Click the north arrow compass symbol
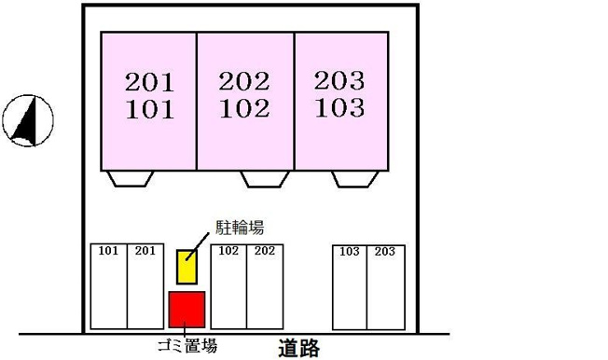pos(28,120)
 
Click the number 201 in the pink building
pos(149,82)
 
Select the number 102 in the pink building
pos(244,108)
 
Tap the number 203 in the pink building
pos(339,81)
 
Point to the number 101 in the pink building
pos(150,109)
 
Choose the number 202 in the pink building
pos(244,81)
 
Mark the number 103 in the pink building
pos(339,107)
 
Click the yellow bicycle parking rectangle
pos(187,267)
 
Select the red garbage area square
pos(187,310)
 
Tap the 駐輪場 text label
pos(240,228)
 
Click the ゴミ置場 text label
pos(187,346)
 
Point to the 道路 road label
pos(299,348)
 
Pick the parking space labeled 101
pos(109,286)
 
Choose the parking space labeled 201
pos(145,286)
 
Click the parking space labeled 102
pos(228,286)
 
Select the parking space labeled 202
pos(265,286)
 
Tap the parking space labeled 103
pos(350,287)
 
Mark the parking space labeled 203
pos(386,287)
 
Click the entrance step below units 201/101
pos(131,179)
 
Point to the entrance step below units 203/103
pos(354,179)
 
